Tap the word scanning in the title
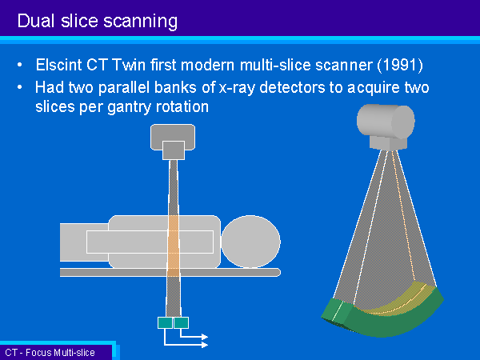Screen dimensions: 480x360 click(141, 22)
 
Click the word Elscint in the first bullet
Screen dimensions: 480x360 click(58, 65)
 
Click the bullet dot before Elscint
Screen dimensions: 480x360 click(20, 65)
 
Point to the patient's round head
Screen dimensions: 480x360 click(250, 242)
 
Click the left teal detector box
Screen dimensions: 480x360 click(165, 322)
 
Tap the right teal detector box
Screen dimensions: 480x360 click(182, 322)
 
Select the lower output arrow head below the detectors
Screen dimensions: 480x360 click(205, 345)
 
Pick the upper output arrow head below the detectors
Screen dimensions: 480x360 click(205, 337)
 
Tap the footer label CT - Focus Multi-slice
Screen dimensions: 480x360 click(50, 353)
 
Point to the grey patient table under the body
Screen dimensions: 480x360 click(170, 273)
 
